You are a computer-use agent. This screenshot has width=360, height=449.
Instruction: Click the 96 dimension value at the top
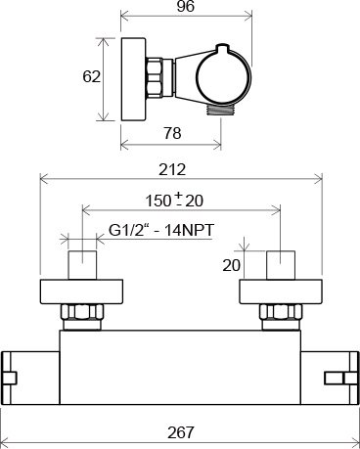[186, 6]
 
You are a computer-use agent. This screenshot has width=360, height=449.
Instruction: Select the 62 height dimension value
[91, 77]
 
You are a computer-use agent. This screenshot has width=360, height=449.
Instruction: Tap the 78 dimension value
[172, 133]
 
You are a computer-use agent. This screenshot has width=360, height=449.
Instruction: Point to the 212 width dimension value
[172, 169]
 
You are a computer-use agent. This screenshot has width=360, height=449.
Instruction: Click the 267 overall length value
[181, 432]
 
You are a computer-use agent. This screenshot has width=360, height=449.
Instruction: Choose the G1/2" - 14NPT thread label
[161, 230]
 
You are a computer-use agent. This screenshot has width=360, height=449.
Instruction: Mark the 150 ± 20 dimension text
[174, 200]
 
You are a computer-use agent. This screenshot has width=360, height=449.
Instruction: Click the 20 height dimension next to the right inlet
[231, 265]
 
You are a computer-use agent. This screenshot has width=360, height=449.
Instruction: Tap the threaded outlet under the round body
[221, 110]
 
